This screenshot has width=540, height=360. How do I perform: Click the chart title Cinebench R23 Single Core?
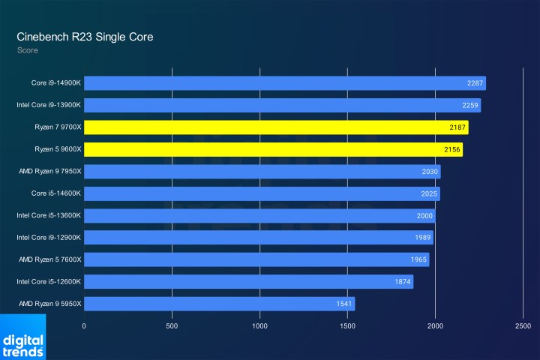(x=85, y=37)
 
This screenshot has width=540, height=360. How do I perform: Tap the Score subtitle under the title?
(x=27, y=50)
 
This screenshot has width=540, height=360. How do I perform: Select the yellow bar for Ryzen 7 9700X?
(x=276, y=127)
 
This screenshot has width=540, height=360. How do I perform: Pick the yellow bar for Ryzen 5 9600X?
(x=273, y=150)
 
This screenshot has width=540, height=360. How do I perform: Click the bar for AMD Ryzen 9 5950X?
(x=219, y=304)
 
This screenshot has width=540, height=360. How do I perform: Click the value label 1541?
(x=343, y=304)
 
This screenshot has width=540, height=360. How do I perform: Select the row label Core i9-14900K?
(x=56, y=83)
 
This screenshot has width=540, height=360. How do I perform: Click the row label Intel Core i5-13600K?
(x=49, y=215)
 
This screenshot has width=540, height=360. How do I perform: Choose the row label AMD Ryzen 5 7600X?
(x=49, y=259)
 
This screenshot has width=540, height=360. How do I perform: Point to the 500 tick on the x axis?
(x=172, y=326)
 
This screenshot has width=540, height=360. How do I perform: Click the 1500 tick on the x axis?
(x=347, y=326)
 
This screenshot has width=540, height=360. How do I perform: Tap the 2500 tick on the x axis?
(x=523, y=326)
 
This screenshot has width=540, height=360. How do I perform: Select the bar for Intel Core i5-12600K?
(x=248, y=282)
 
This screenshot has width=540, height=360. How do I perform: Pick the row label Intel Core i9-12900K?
(x=49, y=238)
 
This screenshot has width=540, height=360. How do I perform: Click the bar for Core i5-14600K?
(x=262, y=193)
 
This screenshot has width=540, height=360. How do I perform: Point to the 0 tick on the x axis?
(x=84, y=326)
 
